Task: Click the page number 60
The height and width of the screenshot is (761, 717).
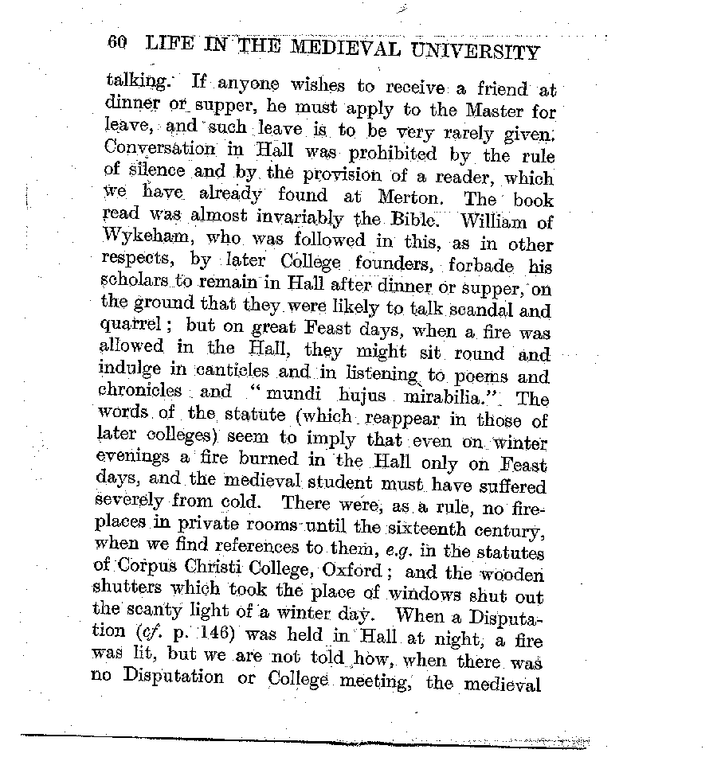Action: pos(116,43)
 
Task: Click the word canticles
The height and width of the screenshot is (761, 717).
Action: pos(230,372)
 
